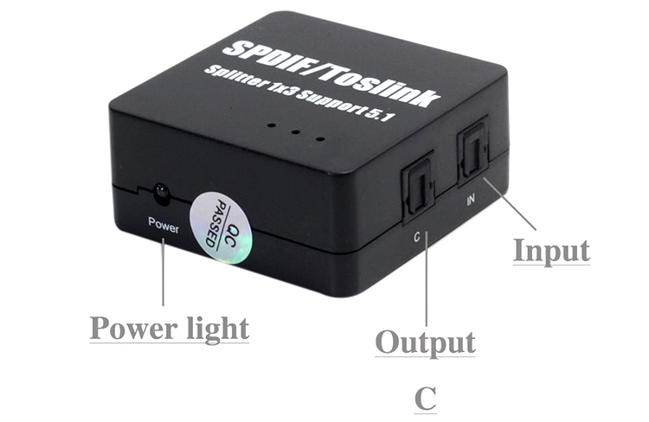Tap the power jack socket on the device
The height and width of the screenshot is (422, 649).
click(x=160, y=192)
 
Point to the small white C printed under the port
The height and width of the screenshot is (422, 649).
click(x=417, y=234)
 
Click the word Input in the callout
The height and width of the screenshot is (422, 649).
click(x=551, y=250)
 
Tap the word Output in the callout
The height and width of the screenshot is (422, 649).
click(x=425, y=342)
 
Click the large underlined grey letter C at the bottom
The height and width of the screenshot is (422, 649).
click(x=425, y=400)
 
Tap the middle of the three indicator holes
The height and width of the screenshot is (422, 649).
click(x=295, y=133)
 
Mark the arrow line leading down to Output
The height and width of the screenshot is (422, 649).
click(x=426, y=285)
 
